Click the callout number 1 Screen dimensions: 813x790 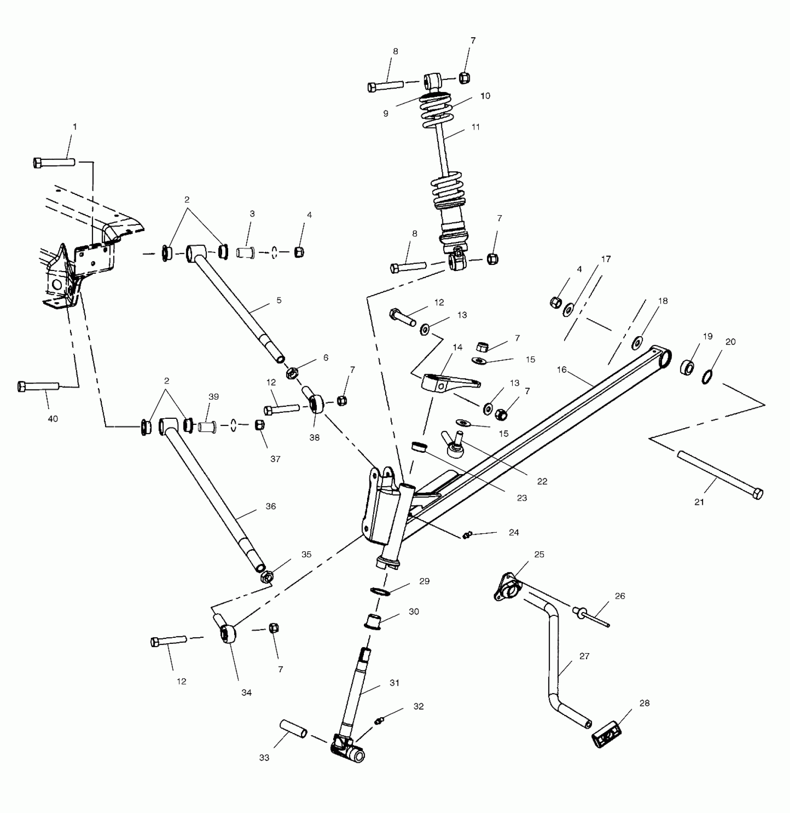[x=74, y=126]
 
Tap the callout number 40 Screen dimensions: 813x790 [x=53, y=419]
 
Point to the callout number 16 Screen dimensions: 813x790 [x=562, y=370]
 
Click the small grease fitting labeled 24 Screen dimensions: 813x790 [x=467, y=535]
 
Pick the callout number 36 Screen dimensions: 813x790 [x=270, y=506]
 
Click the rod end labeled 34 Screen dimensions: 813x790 [x=227, y=634]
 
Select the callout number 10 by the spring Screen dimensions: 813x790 [x=485, y=96]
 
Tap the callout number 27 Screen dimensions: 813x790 [x=584, y=656]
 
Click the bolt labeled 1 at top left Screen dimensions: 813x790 [x=54, y=163]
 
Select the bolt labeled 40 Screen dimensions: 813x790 [x=38, y=386]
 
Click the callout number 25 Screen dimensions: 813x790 [x=539, y=554]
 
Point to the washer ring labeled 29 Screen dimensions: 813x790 [x=380, y=591]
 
